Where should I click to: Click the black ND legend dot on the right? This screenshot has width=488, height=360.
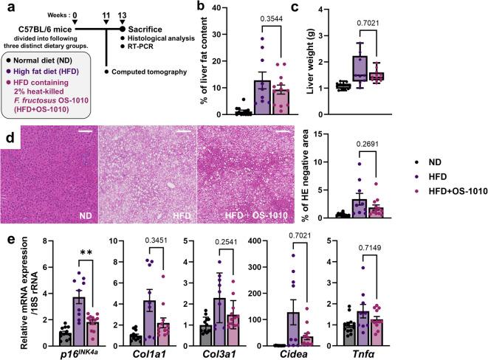(x=418, y=159)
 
